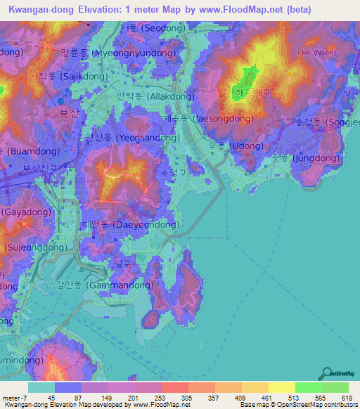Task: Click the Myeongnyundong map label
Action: [117, 53]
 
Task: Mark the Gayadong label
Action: [21, 212]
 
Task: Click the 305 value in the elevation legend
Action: [186, 397]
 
